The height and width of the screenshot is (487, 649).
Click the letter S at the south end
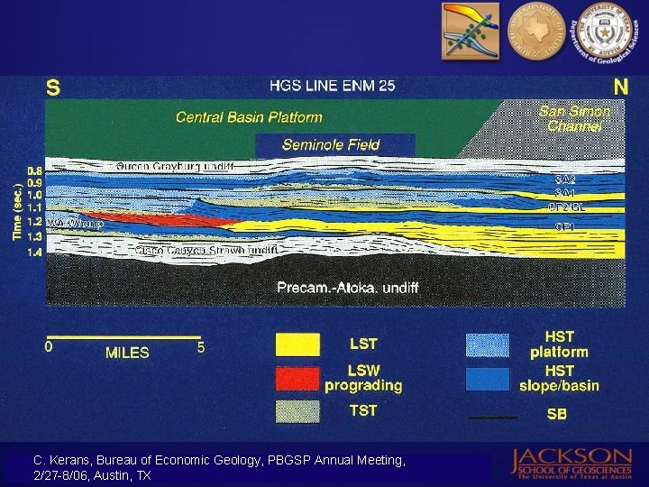click(x=54, y=88)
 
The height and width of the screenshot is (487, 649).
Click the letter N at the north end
click(x=621, y=87)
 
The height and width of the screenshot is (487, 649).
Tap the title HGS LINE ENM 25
click(x=333, y=87)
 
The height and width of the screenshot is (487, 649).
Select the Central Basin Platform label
click(x=249, y=117)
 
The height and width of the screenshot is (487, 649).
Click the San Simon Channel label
click(x=575, y=119)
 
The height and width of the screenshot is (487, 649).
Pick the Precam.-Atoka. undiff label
click(x=348, y=288)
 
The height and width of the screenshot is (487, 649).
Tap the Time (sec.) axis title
click(x=16, y=214)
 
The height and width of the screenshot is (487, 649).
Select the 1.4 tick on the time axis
click(x=35, y=253)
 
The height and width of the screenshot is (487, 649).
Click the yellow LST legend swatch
click(x=297, y=345)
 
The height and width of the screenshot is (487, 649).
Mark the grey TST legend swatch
click(x=297, y=411)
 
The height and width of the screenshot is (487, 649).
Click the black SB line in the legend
click(x=492, y=418)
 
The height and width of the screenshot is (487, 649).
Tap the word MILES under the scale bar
click(x=127, y=353)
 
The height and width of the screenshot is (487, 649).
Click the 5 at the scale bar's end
click(x=202, y=345)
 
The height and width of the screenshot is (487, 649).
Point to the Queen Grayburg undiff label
click(x=175, y=166)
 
